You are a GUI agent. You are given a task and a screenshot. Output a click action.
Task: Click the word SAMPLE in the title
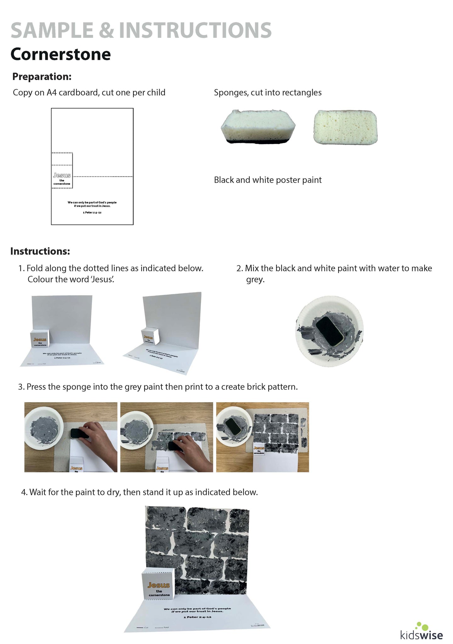coord(52,31)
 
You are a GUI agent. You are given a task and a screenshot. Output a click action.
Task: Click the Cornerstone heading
coord(61,54)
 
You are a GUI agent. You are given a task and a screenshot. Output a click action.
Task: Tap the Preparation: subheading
coord(42,76)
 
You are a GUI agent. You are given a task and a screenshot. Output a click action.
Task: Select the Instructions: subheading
coord(40,251)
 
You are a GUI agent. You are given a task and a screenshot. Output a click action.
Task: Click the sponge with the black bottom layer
coord(258,127)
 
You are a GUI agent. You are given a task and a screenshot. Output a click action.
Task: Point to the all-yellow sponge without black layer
coord(345,127)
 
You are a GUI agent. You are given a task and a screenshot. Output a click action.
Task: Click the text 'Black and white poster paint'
coord(268,180)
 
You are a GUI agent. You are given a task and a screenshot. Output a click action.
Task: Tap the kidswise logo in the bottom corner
coord(422,632)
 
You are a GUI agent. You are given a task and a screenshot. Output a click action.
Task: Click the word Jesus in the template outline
coord(62,175)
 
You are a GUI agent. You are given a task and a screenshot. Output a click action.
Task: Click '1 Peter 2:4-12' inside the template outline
coord(92,213)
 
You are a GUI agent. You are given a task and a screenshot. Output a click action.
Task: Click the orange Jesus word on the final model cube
coord(159,585)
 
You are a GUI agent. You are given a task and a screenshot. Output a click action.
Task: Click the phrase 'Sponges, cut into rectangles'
coord(268,92)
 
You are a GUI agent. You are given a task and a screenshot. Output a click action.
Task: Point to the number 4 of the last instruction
coord(23,492)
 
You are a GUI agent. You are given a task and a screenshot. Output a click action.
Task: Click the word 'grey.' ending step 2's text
coord(255,280)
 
